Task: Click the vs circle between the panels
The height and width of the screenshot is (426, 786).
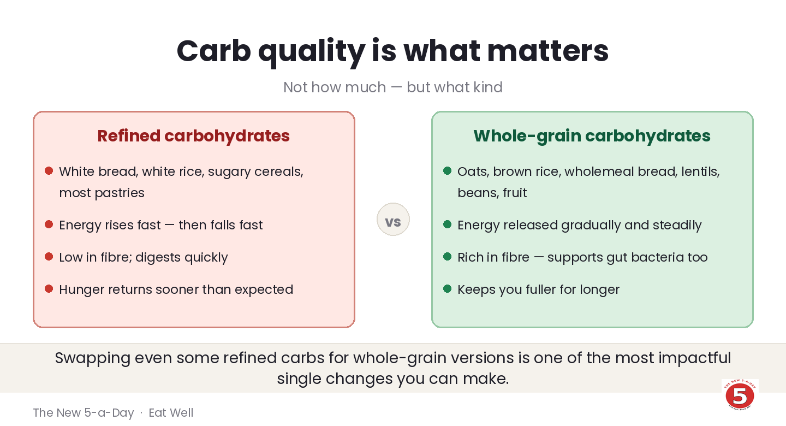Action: click(393, 219)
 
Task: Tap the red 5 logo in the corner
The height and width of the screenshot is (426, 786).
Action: click(740, 395)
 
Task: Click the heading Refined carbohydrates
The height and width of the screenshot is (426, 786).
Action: click(194, 136)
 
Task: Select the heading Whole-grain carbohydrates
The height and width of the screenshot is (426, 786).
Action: click(592, 136)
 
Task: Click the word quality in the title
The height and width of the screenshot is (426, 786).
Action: click(312, 51)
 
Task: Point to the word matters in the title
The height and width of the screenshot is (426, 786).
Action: click(548, 51)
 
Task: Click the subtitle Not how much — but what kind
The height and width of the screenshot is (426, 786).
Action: click(393, 87)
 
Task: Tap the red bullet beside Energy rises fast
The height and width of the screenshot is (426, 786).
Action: click(49, 224)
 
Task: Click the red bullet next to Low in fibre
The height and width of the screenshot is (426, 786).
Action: click(49, 256)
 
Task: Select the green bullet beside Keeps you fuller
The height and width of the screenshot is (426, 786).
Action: click(448, 289)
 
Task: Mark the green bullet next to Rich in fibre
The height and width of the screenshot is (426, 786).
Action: click(448, 256)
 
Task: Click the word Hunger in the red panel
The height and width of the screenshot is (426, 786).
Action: click(82, 290)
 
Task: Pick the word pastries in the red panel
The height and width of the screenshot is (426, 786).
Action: click(120, 193)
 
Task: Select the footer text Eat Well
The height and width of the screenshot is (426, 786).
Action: click(171, 413)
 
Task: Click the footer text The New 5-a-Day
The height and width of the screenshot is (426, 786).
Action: click(84, 413)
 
